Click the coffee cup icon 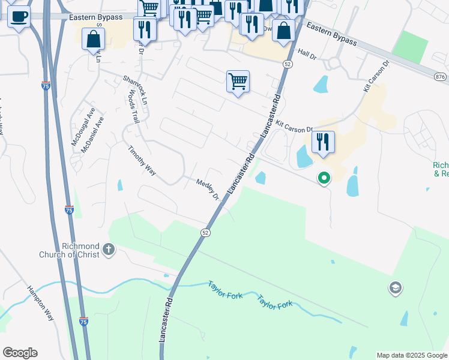(x=19, y=16)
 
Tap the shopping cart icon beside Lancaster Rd (x=238, y=81)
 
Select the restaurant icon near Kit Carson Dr (x=323, y=142)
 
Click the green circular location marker (x=324, y=178)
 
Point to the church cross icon (x=108, y=249)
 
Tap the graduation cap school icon (x=395, y=288)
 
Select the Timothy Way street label (x=142, y=160)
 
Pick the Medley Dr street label (x=208, y=188)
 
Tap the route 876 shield (x=441, y=76)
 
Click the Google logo (x=20, y=353)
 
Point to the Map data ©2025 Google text (x=412, y=355)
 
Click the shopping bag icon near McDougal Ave (x=94, y=40)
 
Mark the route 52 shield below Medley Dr (x=205, y=232)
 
